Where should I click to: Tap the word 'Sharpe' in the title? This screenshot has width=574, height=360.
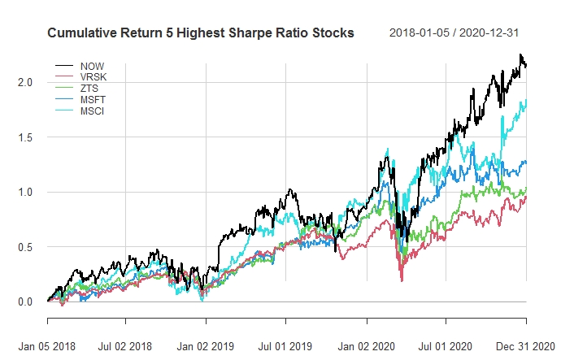click(x=253, y=33)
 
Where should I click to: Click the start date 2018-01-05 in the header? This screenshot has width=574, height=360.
click(x=420, y=33)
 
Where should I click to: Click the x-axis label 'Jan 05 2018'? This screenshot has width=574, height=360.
click(x=48, y=346)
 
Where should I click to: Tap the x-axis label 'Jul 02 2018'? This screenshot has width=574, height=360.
click(x=125, y=346)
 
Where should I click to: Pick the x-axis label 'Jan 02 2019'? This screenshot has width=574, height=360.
click(x=207, y=346)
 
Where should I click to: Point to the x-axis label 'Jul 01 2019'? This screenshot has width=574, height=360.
click(x=285, y=346)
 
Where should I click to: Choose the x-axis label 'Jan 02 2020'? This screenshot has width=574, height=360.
click(x=367, y=346)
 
